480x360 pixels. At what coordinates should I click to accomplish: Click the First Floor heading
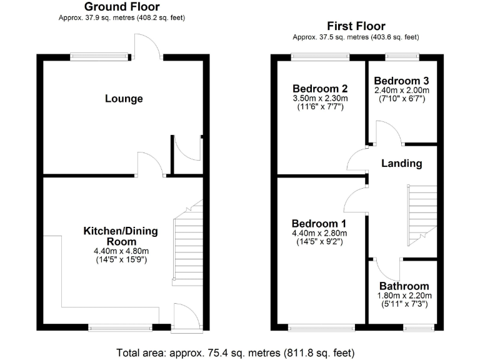356,26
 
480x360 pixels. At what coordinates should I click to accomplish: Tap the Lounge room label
124,99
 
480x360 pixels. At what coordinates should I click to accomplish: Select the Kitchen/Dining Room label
121,236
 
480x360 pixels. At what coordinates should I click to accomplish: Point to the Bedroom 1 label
319,223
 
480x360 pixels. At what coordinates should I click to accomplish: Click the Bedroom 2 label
319,88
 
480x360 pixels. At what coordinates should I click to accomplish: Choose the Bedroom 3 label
401,81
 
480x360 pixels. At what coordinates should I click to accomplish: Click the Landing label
402,163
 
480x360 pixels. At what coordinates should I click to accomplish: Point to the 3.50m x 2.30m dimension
319,98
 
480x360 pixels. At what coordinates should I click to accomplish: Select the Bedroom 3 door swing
386,132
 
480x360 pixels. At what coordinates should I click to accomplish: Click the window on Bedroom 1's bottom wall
321,327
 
